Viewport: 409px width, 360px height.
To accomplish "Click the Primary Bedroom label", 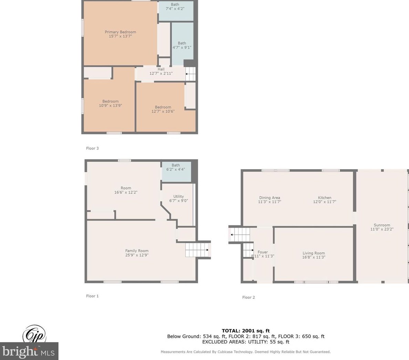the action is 120,34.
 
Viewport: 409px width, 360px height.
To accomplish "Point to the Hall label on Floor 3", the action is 161,71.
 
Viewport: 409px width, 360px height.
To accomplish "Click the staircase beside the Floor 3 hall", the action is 190,74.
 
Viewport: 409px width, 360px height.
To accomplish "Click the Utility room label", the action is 178,198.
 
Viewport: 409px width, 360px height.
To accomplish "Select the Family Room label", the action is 137,253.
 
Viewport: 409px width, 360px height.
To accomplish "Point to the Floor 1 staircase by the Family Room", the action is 197,250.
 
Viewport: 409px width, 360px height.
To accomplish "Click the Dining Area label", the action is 270,200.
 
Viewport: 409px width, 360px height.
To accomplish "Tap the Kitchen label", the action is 325,200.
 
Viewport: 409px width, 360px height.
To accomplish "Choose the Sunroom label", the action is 382,227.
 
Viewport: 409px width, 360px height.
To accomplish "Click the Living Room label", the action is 314,255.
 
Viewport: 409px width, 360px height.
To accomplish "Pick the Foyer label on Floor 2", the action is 263,254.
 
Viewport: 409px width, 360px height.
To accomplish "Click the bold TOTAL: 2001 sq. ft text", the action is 246,331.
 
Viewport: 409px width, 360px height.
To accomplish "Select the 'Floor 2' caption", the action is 248,297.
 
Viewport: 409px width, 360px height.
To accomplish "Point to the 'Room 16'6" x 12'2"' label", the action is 126,190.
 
